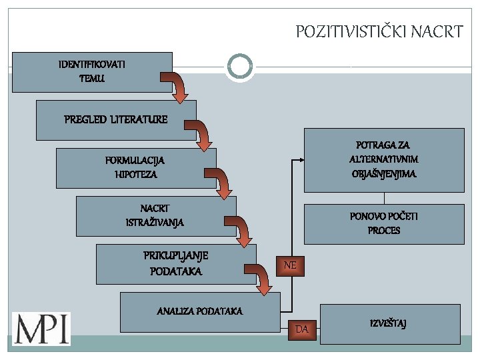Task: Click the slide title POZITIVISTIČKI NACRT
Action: point(379,31)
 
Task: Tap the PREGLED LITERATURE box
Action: point(116,120)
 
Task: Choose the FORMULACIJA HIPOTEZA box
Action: point(135,167)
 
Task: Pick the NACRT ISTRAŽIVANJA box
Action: point(155,215)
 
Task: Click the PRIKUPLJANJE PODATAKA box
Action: point(175,263)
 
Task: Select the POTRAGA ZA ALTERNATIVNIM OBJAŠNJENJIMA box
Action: point(384,160)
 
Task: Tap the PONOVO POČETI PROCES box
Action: point(384,224)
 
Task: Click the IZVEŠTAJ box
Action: point(390,324)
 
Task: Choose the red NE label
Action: point(290,265)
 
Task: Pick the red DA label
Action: point(302,329)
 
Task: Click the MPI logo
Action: point(41,328)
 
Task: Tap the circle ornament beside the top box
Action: point(240,67)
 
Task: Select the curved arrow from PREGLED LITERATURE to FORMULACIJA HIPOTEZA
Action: point(201,135)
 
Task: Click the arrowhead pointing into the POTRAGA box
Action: point(301,160)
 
